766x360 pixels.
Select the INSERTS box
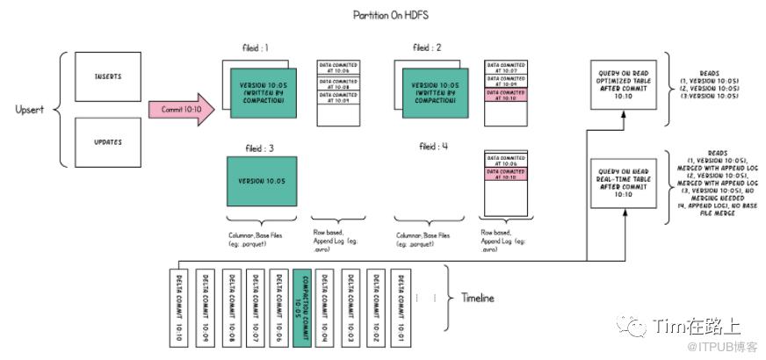point(107,76)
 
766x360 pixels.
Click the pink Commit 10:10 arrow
point(181,109)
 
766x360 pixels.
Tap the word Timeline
point(477,298)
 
